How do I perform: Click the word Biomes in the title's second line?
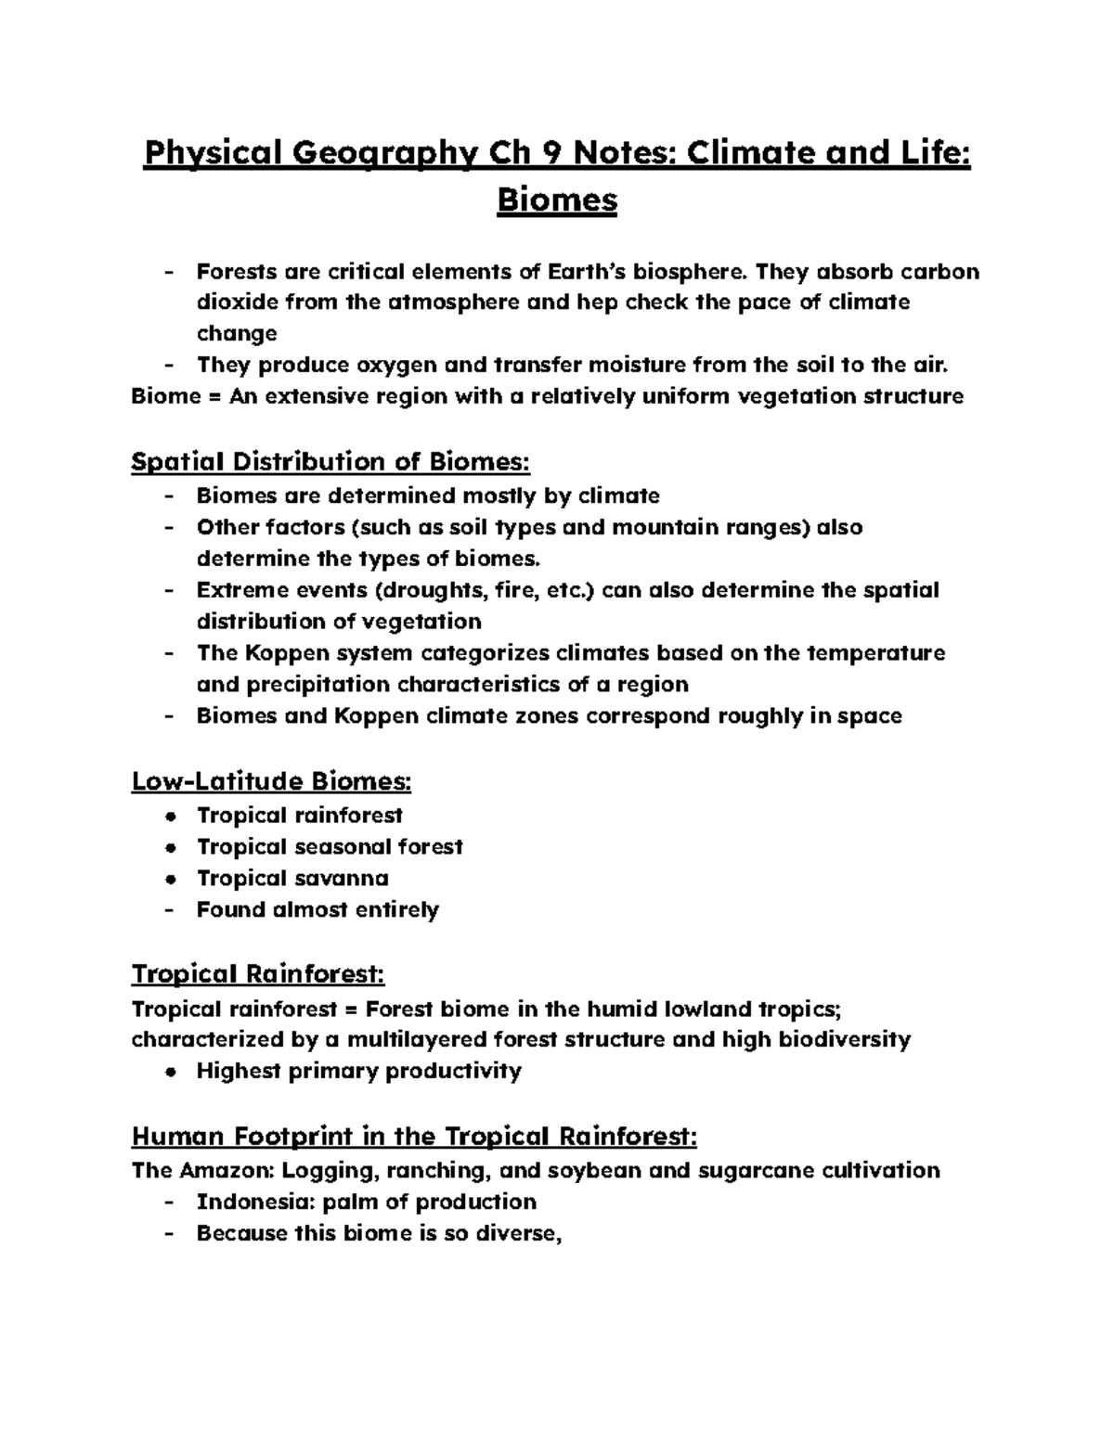[557, 199]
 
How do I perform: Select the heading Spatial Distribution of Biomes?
[331, 461]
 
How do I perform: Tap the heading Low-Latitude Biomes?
[271, 781]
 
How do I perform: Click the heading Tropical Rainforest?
[258, 975]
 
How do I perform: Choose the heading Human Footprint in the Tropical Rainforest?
[414, 1136]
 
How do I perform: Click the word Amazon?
[222, 1170]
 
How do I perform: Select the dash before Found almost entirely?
[168, 909]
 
